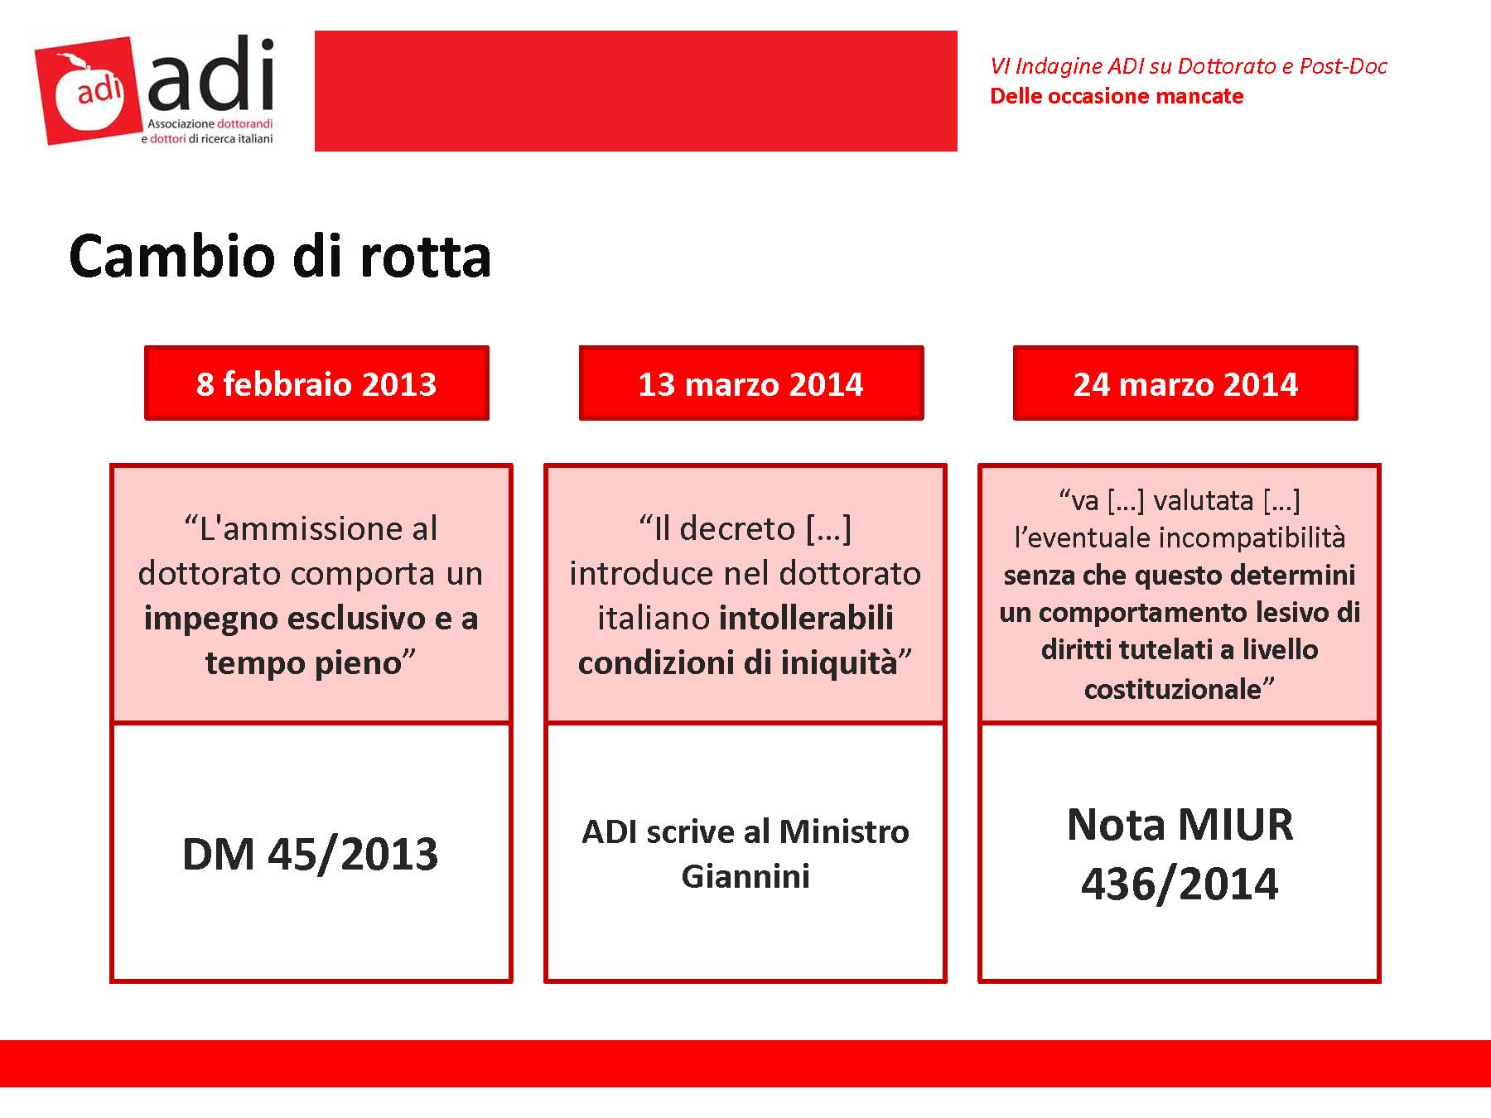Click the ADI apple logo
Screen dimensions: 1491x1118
tap(89, 91)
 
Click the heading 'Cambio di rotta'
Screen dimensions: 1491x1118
tap(280, 256)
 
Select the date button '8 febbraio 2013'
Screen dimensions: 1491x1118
tap(316, 383)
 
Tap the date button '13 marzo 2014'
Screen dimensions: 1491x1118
tap(751, 383)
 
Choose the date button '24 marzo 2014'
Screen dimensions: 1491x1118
tap(1185, 383)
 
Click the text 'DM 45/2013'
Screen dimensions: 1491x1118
tap(310, 854)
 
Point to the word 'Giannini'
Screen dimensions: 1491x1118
tap(745, 876)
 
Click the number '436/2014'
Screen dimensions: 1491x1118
tap(1180, 884)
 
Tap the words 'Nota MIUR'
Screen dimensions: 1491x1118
tap(1180, 825)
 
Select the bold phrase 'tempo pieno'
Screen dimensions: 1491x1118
tap(303, 663)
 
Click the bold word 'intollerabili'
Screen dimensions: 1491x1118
tap(806, 618)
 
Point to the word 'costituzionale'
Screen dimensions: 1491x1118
tap(1172, 688)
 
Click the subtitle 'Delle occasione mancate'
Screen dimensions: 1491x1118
tap(1117, 96)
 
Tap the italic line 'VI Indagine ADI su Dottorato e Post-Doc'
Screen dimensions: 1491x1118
tap(1189, 66)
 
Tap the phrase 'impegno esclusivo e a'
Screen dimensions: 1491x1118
tap(311, 618)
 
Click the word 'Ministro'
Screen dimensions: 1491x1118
tap(844, 831)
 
